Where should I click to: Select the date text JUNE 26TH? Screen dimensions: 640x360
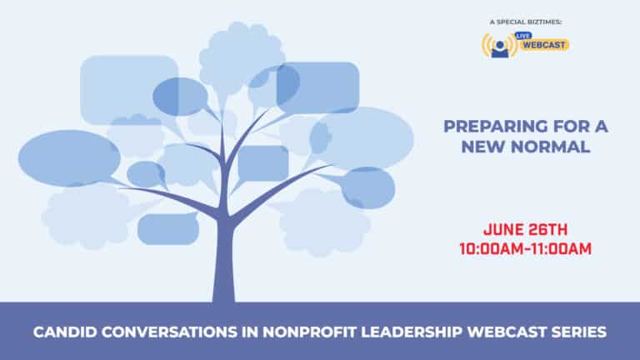coord(526,229)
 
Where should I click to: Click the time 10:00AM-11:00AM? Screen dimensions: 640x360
coord(526,249)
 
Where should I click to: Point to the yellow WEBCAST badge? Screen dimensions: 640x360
coord(544,45)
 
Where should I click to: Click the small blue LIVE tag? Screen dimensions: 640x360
coord(522,36)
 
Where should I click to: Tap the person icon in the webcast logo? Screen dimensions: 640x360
coord(500,49)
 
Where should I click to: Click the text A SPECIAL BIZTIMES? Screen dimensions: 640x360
coord(526,22)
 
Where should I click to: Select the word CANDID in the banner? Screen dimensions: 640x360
coord(65,332)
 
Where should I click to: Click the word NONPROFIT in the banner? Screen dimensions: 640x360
coord(309,332)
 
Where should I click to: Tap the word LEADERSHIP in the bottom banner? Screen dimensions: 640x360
coord(412,332)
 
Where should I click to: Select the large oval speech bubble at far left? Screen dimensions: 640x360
coord(69,158)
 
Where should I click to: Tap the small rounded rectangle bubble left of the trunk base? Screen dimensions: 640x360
coord(168,228)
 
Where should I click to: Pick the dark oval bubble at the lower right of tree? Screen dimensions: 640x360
coord(368,187)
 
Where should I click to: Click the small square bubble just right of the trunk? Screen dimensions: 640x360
coord(263,163)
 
